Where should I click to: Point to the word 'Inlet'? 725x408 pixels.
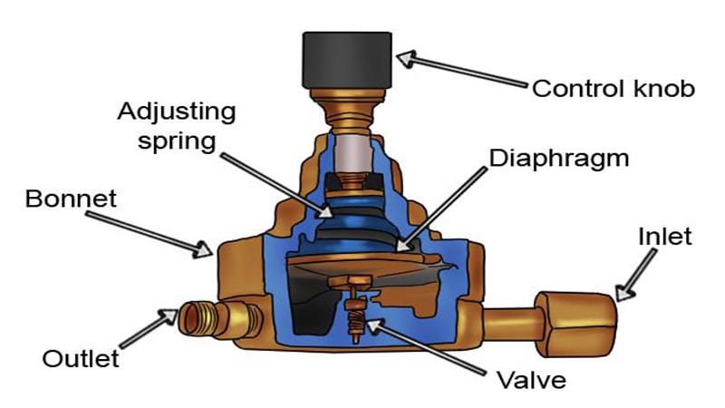(664, 238)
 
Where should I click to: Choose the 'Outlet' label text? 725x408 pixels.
(81, 358)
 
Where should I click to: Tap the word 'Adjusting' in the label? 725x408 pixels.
(177, 112)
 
